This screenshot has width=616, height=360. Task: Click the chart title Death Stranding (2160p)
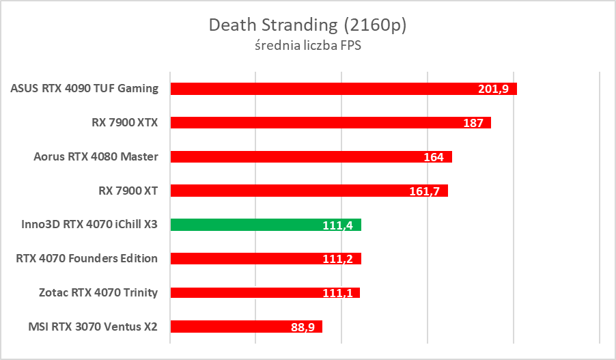point(307,25)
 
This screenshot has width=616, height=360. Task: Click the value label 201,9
point(493,89)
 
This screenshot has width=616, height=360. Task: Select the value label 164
point(434,157)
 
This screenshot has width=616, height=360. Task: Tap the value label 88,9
point(303,327)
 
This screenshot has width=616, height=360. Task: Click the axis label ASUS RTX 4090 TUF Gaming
point(85,88)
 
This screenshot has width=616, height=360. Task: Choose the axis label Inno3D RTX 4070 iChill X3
point(85,224)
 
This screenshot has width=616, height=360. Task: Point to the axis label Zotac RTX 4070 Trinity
point(98,292)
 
